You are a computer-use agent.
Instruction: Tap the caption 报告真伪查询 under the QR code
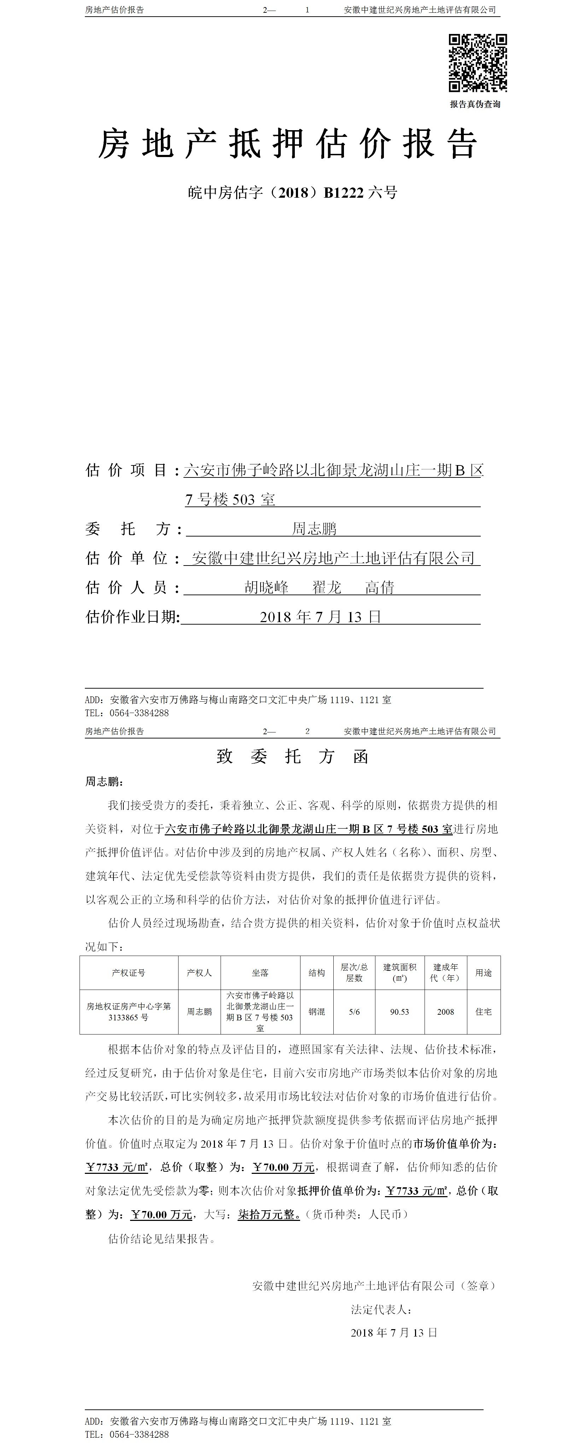[475, 104]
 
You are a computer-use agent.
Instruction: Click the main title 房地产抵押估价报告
[288, 144]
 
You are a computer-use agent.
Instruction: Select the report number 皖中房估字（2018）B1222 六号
[292, 193]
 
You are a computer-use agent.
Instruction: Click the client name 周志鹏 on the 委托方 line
[314, 528]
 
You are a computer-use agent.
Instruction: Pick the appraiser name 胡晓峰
[267, 587]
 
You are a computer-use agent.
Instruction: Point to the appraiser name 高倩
[380, 587]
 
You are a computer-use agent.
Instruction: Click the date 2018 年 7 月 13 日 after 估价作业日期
[320, 617]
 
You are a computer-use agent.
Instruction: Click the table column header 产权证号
[128, 973]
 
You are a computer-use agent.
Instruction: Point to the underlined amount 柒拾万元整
[269, 1215]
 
